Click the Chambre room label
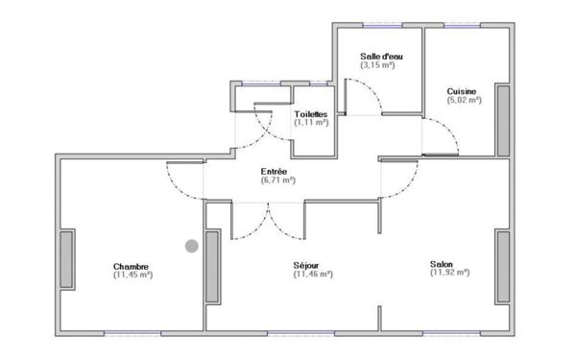click(x=131, y=266)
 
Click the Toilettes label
click(x=311, y=113)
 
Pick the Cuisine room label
click(x=463, y=91)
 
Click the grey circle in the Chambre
click(x=192, y=246)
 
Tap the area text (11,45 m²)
click(x=132, y=276)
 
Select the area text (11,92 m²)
click(x=449, y=273)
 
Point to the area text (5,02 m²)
click(x=463, y=100)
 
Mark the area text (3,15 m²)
click(x=378, y=66)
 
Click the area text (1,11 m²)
click(x=311, y=123)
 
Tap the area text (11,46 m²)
click(x=313, y=275)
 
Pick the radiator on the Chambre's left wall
click(x=66, y=259)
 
